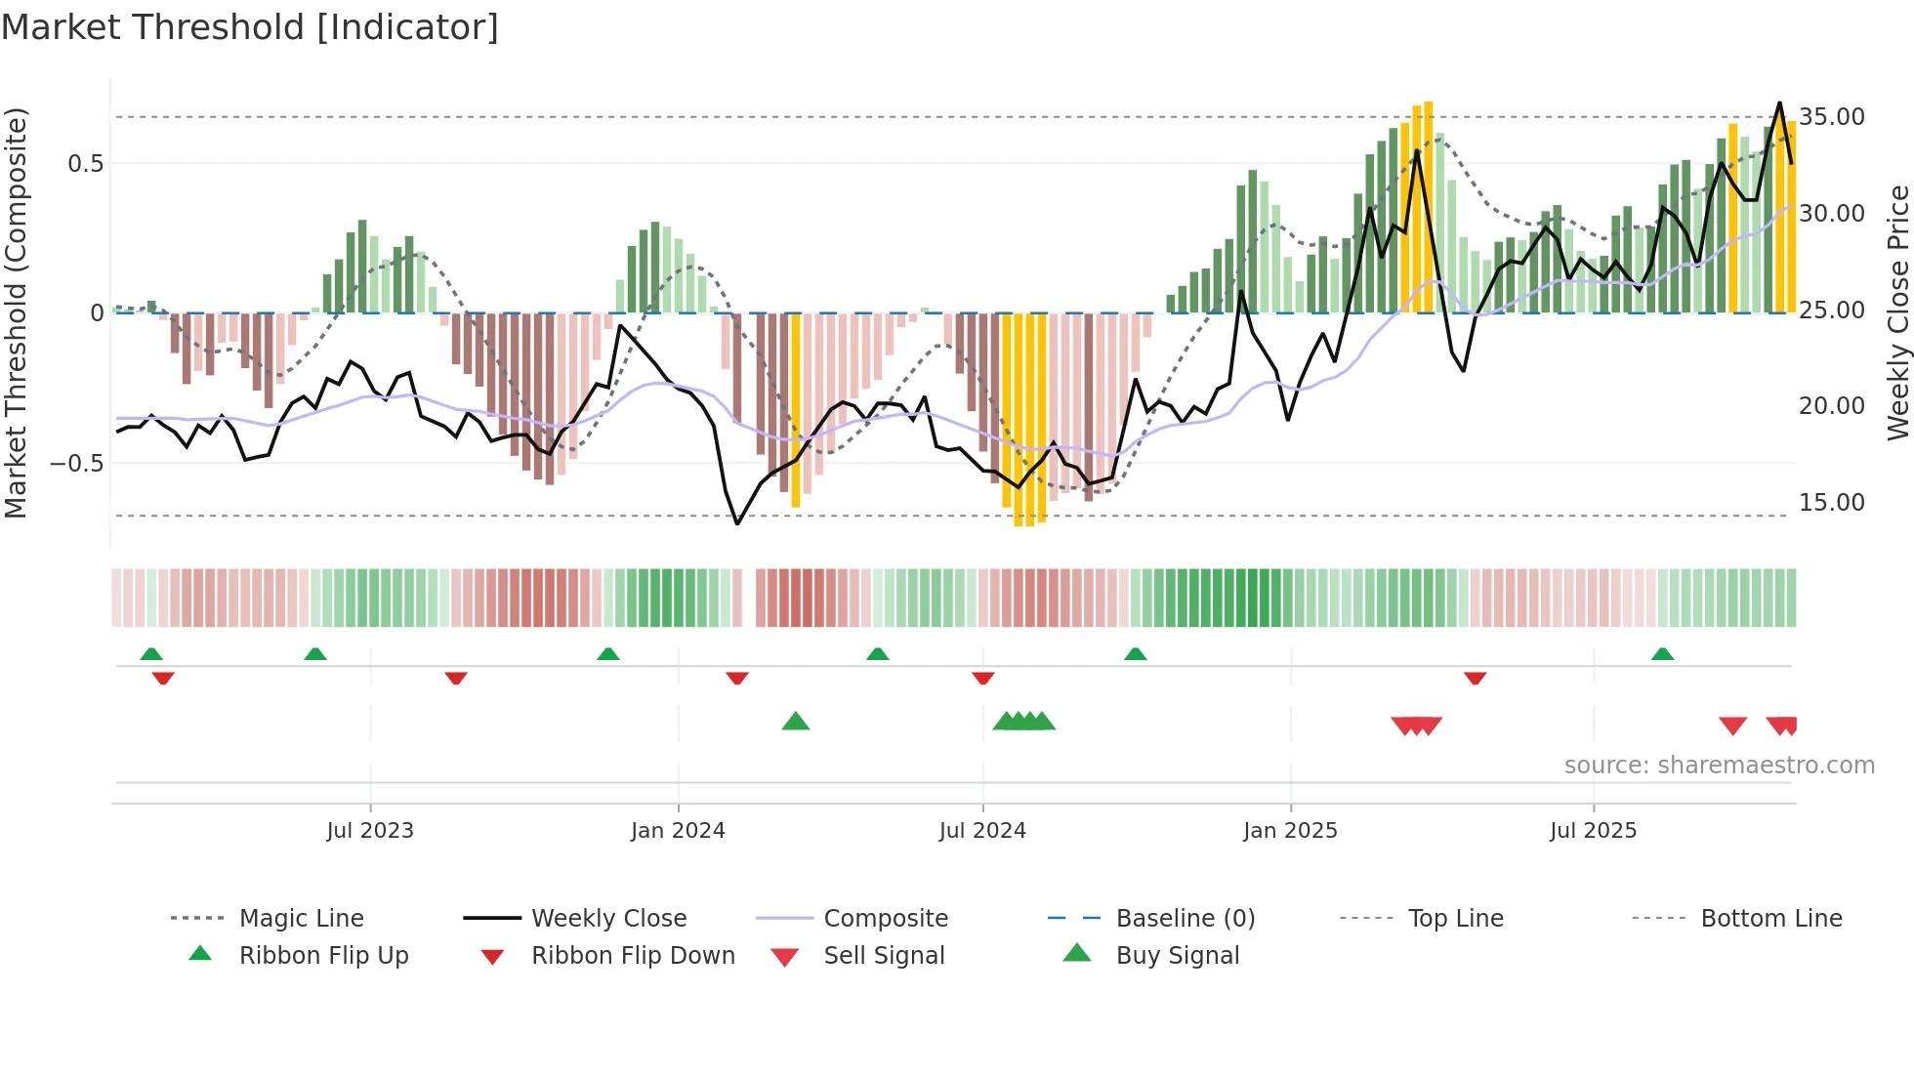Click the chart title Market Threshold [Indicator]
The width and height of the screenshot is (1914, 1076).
click(250, 27)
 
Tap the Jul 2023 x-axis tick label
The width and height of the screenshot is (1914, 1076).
click(370, 831)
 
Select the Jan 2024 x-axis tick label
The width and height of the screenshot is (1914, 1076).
click(678, 831)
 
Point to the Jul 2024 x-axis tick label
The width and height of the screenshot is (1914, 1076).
click(982, 831)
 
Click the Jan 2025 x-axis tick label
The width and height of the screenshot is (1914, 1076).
click(1290, 831)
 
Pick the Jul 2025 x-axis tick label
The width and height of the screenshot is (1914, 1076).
click(1593, 831)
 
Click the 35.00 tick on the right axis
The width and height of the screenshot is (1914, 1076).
click(1831, 117)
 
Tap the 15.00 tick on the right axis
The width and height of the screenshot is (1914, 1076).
click(1831, 503)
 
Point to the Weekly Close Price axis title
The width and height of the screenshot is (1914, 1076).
click(1897, 312)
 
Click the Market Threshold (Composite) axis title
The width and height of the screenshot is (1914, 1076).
click(16, 312)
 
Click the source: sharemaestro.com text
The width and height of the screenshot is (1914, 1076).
click(1719, 766)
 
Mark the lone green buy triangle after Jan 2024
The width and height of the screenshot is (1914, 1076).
click(796, 722)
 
